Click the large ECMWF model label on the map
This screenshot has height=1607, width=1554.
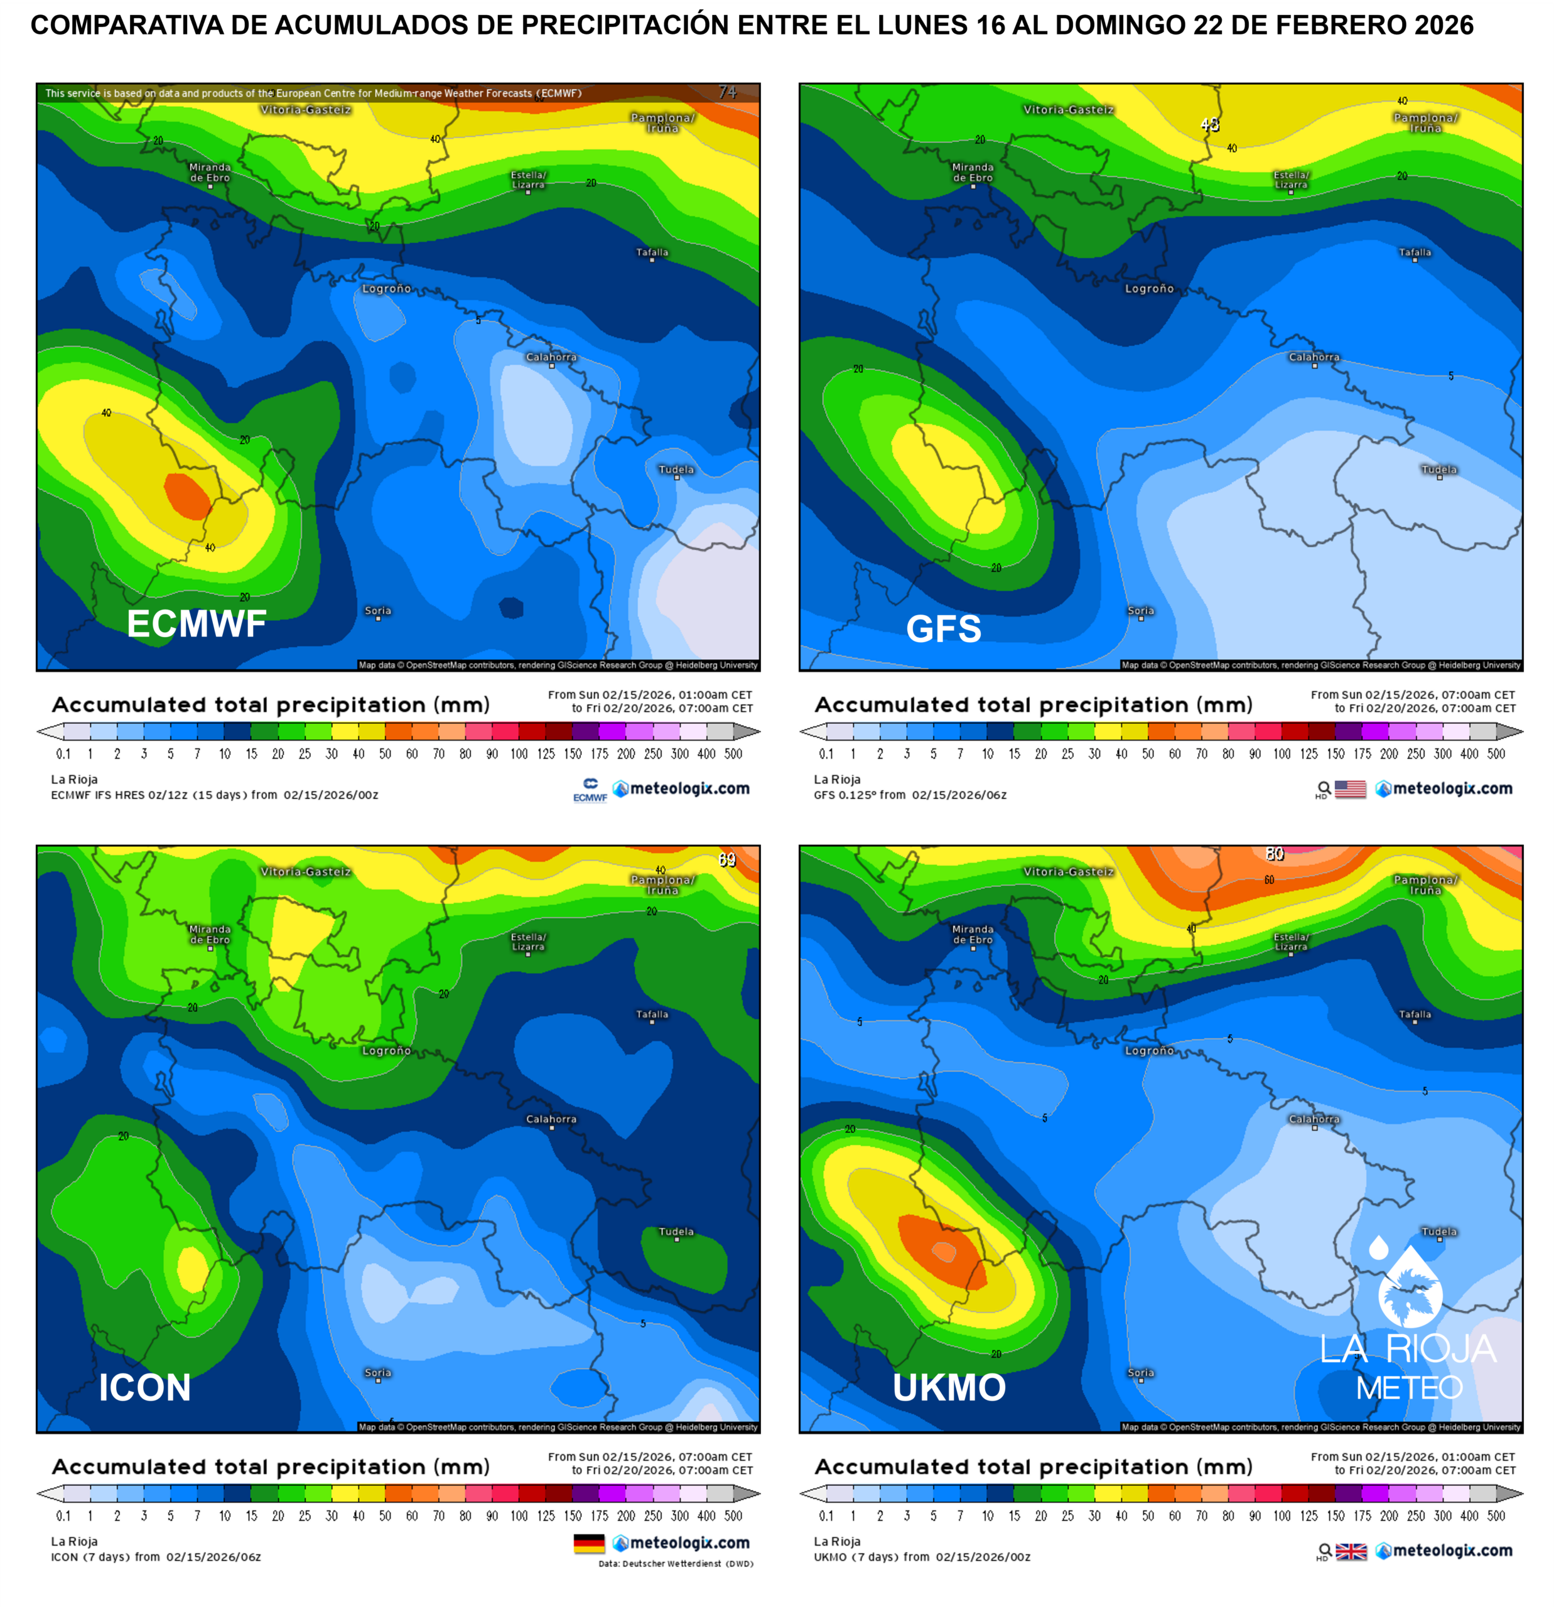197,624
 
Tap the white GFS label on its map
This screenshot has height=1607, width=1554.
943,629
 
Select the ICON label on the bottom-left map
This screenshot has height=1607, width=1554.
144,1387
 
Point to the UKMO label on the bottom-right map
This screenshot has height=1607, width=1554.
949,1387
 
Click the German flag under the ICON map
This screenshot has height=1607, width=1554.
589,1544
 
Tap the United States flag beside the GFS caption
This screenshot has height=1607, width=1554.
1350,788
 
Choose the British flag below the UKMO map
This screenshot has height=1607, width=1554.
1351,1551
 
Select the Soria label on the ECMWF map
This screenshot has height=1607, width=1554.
378,611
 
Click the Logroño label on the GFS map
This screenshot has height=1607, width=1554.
1149,289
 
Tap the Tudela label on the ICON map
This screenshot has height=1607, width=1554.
677,1232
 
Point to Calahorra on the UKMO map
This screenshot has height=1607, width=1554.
1314,1119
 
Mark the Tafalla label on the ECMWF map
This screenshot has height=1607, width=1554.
652,252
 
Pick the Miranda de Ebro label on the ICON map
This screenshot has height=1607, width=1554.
210,934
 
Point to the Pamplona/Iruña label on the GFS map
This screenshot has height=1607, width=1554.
1425,123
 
